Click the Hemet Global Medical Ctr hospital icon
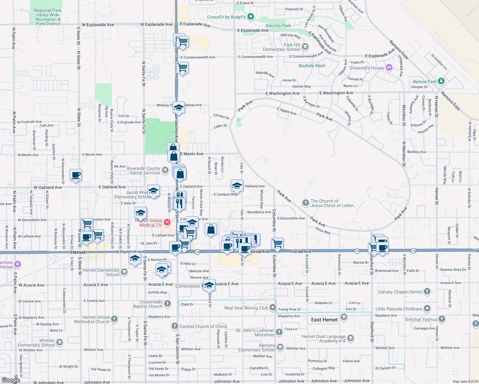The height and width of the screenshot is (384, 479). click(167, 222)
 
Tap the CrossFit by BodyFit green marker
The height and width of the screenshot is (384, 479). click(251, 16)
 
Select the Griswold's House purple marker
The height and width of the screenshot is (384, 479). click(389, 68)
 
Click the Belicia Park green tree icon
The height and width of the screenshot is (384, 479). click(441, 81)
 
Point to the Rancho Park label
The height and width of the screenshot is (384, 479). click(278, 26)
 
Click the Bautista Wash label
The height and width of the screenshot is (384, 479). click(312, 66)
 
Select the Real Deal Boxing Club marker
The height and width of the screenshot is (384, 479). click(273, 308)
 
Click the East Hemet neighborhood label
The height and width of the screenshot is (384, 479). click(324, 320)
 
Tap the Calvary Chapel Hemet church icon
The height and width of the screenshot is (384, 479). click(427, 292)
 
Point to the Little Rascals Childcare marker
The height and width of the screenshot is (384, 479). click(427, 309)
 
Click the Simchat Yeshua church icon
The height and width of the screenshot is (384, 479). click(442, 319)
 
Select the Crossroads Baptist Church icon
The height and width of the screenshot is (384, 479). click(167, 304)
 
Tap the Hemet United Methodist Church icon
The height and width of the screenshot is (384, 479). click(114, 319)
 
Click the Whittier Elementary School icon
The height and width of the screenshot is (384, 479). click(60, 343)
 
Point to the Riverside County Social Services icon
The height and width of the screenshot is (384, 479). click(165, 170)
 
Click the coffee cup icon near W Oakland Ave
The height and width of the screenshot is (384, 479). click(76, 175)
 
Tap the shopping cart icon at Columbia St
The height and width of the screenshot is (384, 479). click(277, 244)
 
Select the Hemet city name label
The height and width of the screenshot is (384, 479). click(78, 252)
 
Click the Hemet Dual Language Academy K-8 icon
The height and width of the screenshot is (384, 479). click(351, 338)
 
